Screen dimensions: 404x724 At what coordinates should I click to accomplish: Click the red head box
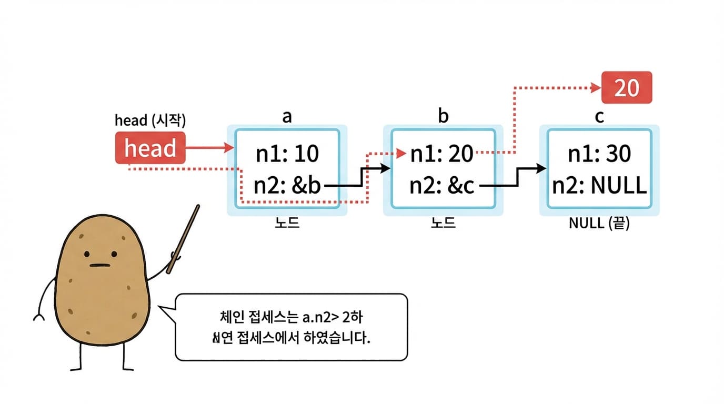pos(150,148)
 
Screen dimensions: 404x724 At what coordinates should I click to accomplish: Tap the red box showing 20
pos(627,87)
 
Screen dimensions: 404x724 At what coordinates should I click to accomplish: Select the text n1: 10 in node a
pos(287,154)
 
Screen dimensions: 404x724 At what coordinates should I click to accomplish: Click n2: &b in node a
pos(287,186)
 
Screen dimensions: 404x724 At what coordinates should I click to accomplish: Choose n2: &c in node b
pos(442,186)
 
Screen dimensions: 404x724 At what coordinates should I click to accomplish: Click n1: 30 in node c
pos(599,154)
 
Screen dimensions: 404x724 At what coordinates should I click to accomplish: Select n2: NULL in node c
pos(599,186)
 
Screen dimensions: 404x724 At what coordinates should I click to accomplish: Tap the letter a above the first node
pos(287,116)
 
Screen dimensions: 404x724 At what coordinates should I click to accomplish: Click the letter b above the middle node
pos(443,116)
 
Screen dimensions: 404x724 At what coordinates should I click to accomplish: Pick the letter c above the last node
pos(599,116)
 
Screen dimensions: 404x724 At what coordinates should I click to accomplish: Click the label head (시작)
pos(150,120)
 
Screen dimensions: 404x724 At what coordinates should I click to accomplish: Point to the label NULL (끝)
pos(599,223)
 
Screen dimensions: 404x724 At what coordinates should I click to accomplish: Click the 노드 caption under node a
pos(287,223)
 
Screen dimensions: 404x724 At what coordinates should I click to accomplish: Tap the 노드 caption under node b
pos(443,223)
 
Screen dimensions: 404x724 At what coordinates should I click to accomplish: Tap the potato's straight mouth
pos(102,265)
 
